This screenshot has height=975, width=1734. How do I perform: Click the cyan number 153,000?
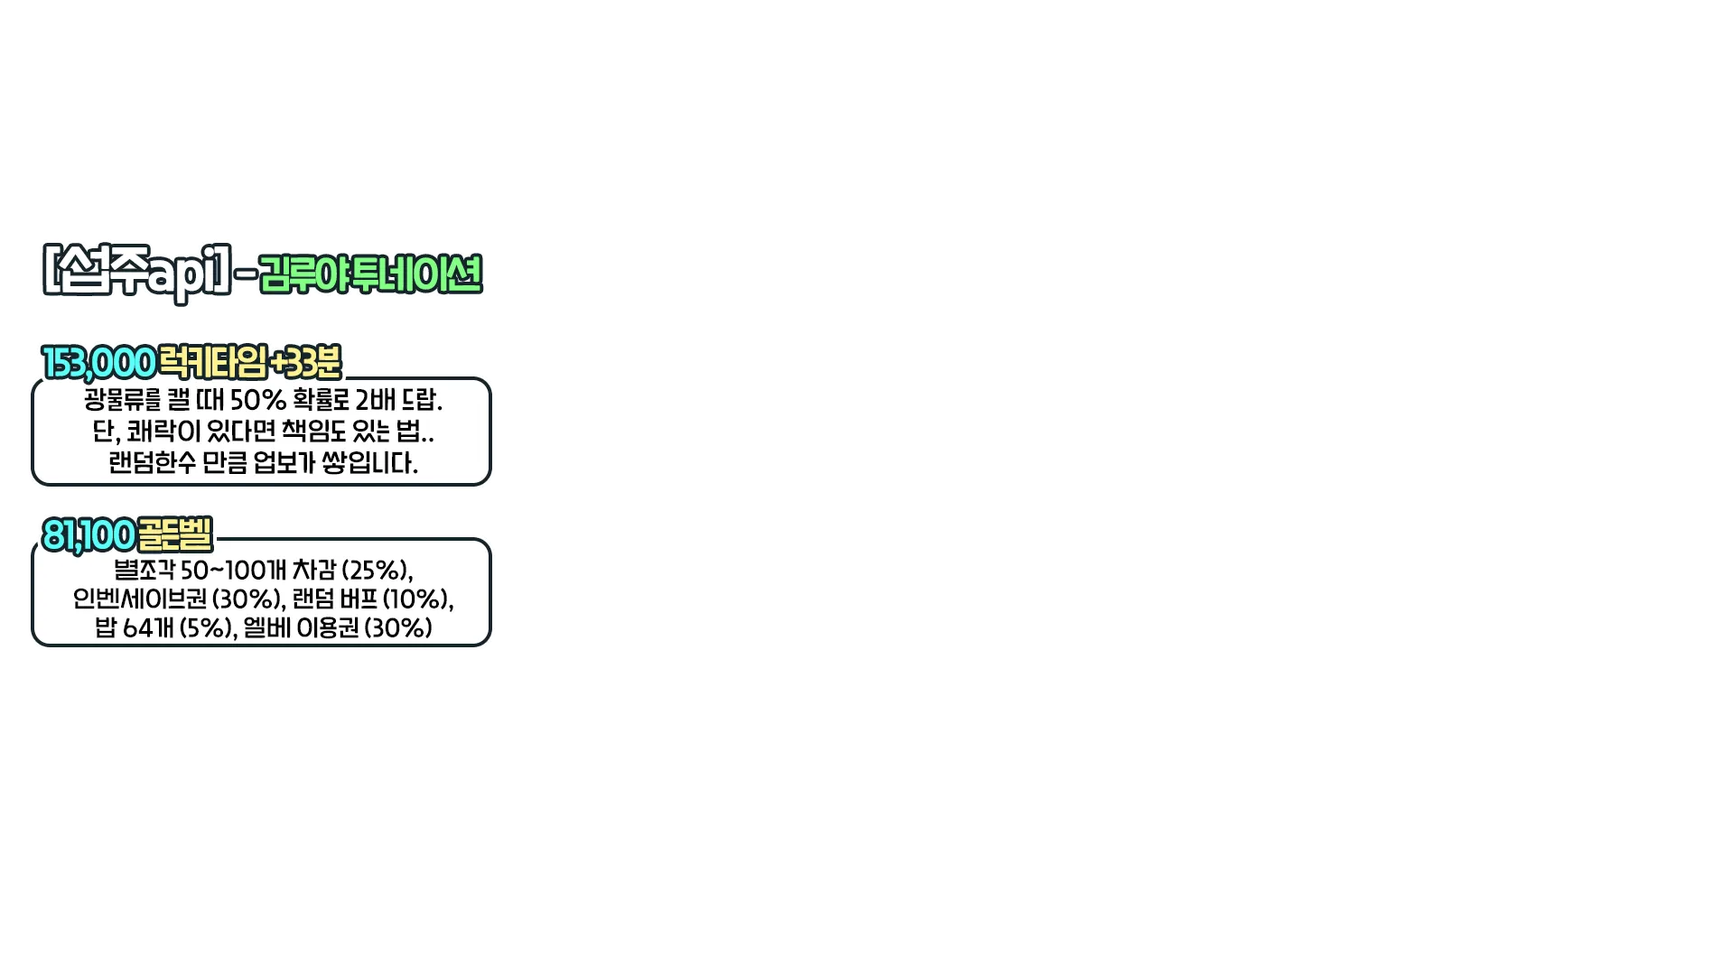click(99, 363)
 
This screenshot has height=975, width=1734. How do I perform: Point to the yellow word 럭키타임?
click(213, 363)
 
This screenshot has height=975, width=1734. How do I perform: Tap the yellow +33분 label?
click(306, 363)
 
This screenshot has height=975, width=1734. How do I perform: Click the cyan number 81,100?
click(89, 535)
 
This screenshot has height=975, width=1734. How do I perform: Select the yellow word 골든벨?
click(175, 534)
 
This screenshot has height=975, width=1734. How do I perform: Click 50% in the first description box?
click(258, 400)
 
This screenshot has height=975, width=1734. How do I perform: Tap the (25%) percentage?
click(376, 571)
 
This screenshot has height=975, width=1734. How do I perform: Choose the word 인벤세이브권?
click(140, 599)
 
